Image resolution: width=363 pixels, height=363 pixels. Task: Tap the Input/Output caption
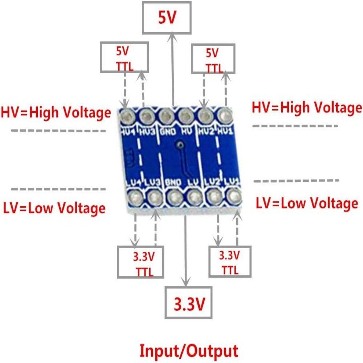[189, 351]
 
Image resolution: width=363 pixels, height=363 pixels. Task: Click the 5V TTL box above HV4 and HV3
[124, 57]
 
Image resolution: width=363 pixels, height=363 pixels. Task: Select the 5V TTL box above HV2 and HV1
[213, 59]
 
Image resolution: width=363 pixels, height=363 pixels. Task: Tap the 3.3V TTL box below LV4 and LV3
[141, 262]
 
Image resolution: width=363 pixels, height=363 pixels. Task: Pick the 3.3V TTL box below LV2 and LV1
[229, 261]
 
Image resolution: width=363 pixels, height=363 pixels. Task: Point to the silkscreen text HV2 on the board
[206, 131]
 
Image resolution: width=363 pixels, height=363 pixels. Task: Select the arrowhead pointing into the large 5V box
[173, 36]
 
